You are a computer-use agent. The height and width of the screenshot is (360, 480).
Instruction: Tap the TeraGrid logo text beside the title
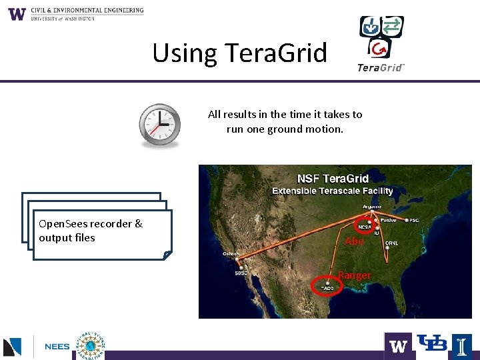(381, 67)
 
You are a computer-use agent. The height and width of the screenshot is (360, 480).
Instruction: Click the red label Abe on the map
(354, 241)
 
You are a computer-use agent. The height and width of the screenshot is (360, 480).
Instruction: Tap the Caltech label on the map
(232, 253)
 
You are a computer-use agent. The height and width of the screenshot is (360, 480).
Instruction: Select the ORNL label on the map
(391, 243)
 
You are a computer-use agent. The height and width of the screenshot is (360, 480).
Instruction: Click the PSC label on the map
(414, 219)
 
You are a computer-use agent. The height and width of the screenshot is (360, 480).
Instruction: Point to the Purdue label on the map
(389, 219)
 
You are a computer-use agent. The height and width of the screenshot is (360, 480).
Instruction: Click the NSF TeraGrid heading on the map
(333, 178)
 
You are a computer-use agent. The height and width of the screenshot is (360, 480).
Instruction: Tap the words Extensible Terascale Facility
(333, 191)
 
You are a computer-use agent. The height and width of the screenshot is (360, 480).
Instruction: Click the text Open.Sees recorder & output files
(91, 231)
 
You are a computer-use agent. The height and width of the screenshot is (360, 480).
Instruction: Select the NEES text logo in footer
(57, 347)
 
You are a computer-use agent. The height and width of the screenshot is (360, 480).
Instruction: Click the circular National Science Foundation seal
(90, 346)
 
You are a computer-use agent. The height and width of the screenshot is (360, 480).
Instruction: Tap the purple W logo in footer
(398, 346)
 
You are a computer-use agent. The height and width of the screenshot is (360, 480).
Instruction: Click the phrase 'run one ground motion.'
(285, 129)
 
